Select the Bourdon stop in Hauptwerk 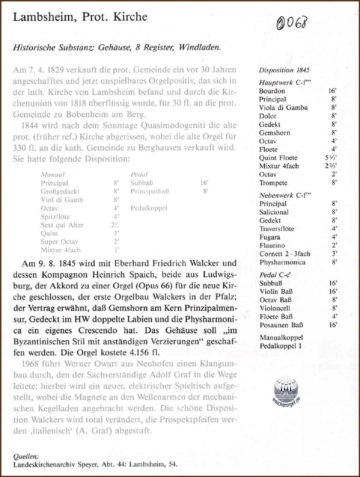click(x=272, y=91)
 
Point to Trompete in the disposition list click(x=273, y=183)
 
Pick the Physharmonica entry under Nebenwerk click(x=282, y=262)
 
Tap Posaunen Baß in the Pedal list click(x=281, y=325)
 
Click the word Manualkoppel click(x=281, y=338)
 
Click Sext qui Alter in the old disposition click(x=62, y=225)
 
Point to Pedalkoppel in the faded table click(x=149, y=208)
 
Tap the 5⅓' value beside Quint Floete click(x=330, y=158)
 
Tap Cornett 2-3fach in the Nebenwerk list click(x=285, y=254)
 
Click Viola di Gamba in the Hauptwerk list click(x=283, y=108)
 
